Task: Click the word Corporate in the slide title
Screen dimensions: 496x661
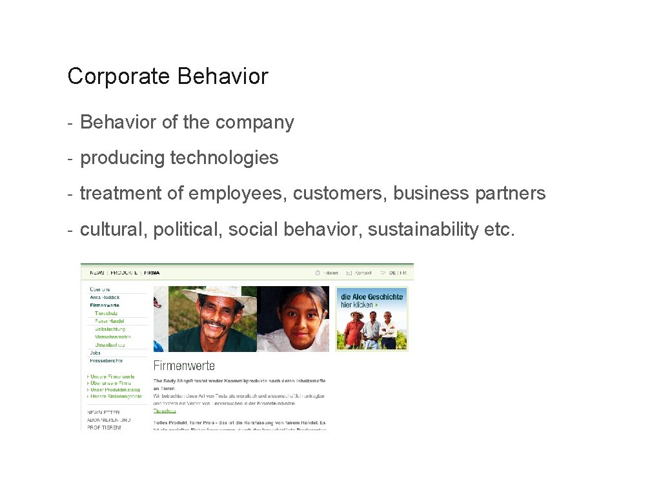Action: point(119,76)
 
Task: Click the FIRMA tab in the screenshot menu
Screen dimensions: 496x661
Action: point(152,273)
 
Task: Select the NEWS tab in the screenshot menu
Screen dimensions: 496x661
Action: point(97,273)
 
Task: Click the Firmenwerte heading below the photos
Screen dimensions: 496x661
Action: point(184,366)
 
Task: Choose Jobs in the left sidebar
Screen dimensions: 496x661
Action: point(96,353)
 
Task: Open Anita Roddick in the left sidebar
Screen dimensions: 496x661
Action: point(105,297)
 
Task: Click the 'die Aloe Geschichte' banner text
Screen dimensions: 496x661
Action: point(372,297)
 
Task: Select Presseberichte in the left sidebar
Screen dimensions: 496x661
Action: point(106,361)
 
